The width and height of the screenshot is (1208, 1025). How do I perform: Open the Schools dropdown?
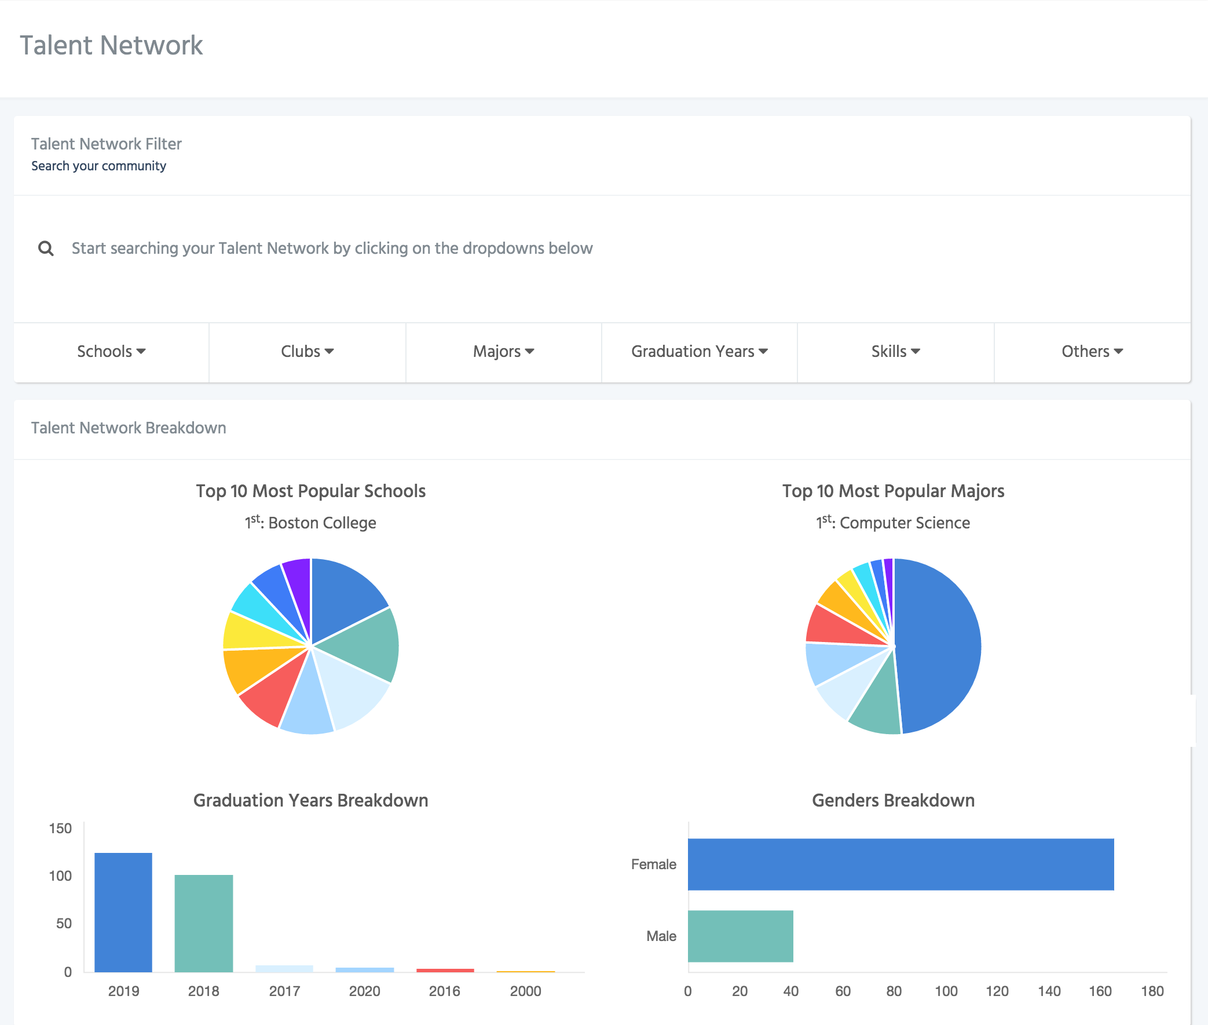(111, 352)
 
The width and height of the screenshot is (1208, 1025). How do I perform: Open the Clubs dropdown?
(308, 352)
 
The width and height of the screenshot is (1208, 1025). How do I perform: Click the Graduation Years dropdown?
(699, 352)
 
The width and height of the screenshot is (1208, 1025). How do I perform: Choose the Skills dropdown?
(895, 352)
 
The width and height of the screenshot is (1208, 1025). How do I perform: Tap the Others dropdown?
(1092, 352)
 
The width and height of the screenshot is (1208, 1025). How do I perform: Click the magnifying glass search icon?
(46, 249)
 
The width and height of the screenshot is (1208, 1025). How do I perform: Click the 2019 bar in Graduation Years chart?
(123, 911)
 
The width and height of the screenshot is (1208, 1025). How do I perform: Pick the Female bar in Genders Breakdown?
(900, 864)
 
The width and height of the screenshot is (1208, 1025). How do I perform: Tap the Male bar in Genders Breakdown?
(741, 936)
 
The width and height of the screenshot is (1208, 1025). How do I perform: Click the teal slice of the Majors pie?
(874, 706)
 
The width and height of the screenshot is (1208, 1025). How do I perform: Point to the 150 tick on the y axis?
(60, 829)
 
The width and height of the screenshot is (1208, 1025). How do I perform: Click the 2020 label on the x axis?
(364, 991)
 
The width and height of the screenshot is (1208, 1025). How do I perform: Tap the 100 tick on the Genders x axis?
(946, 991)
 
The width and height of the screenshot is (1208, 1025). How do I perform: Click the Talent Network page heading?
(112, 45)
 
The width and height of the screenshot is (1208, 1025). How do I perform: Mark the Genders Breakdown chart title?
(892, 800)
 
